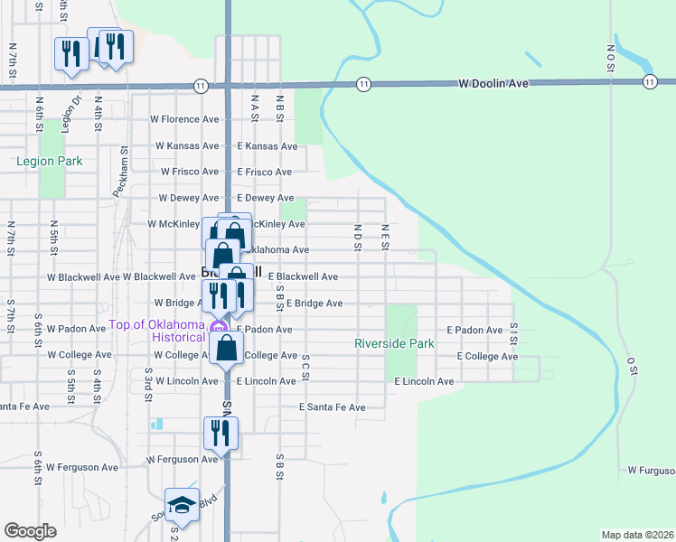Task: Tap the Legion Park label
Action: coord(50,161)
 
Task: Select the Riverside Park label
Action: coord(394,343)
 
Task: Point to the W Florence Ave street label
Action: coord(184,119)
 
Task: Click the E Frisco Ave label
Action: coord(264,172)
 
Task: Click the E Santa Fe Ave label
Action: coord(333,407)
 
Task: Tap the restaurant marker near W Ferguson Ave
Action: coord(221,434)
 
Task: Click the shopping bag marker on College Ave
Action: coord(227,347)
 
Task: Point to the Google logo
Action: coord(31,531)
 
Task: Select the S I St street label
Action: coord(514,332)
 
